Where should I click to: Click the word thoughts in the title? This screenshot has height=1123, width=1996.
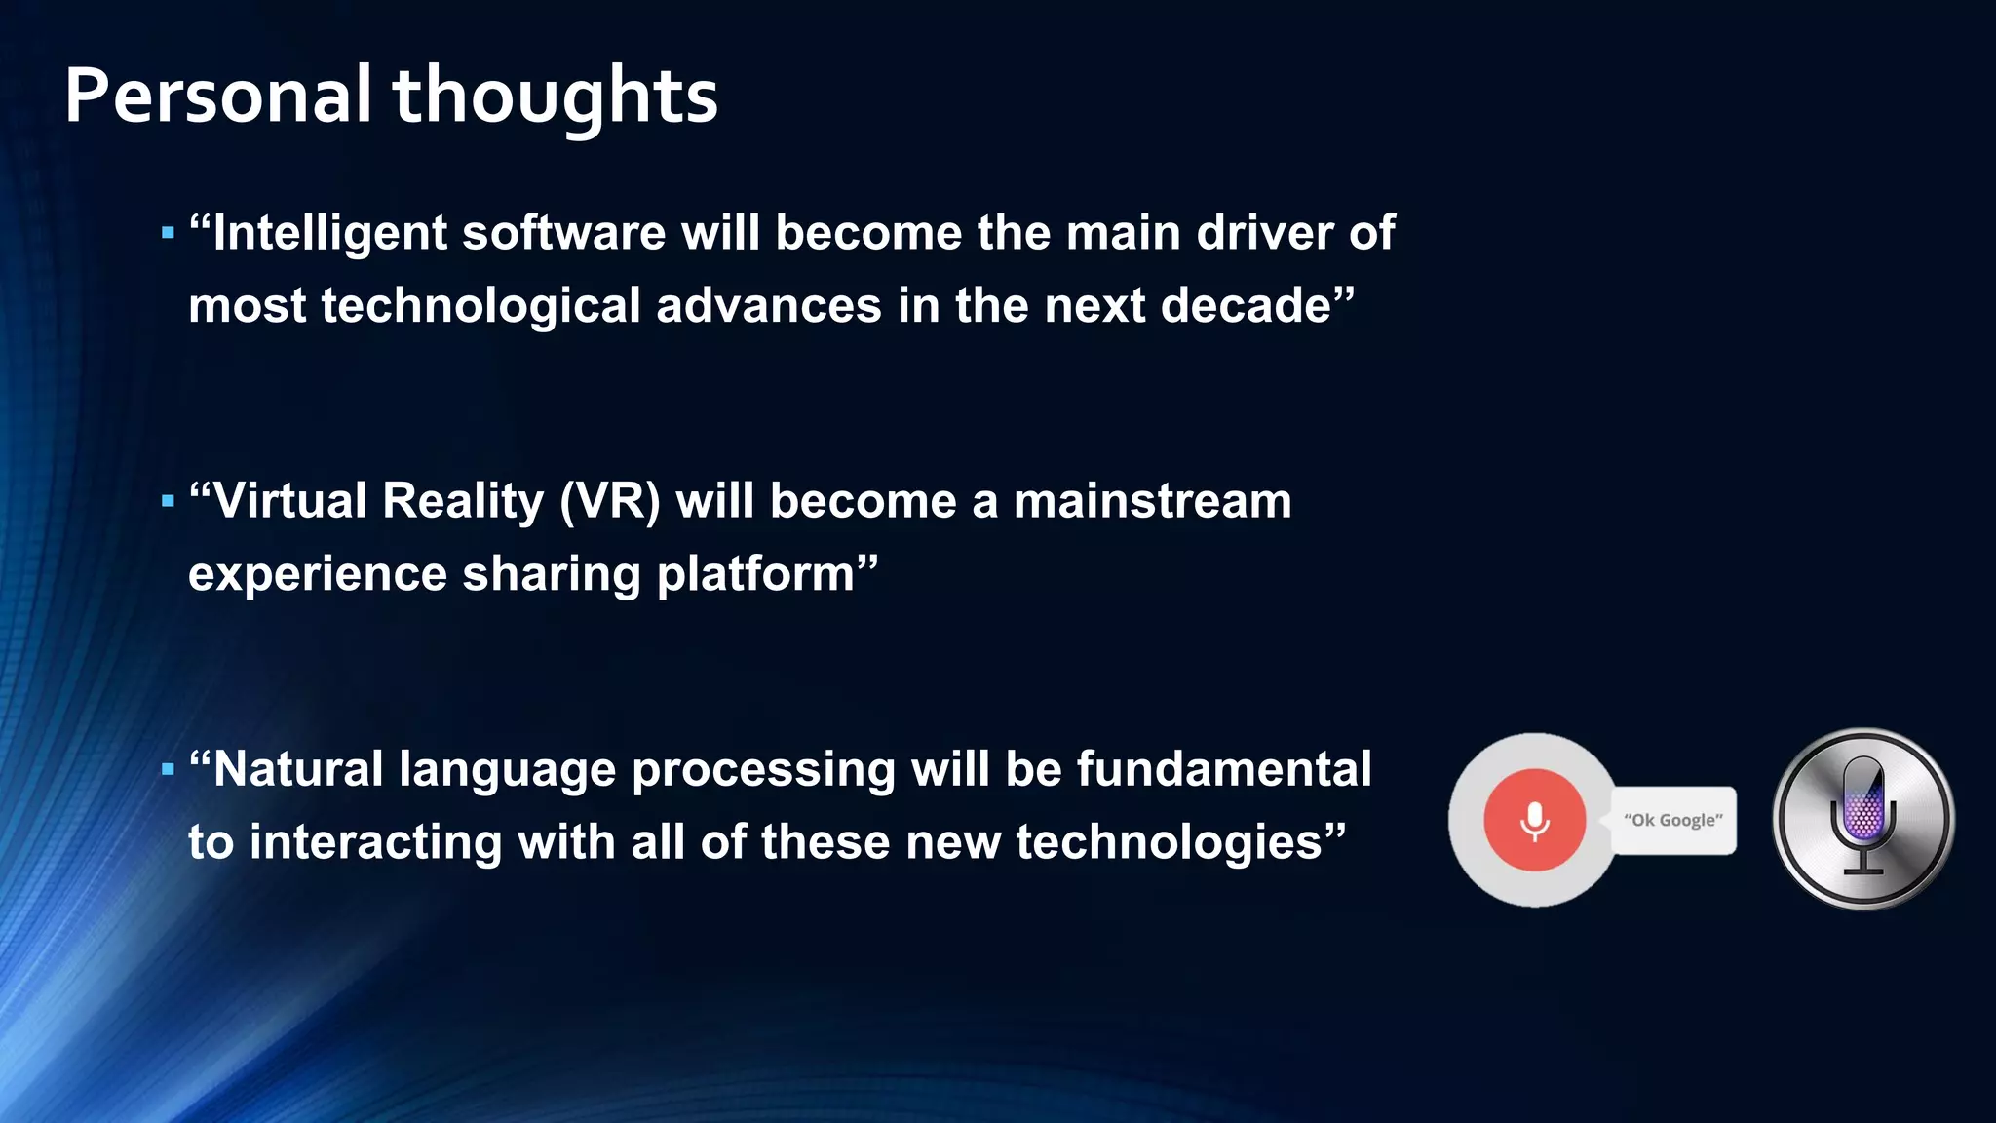[x=555, y=97]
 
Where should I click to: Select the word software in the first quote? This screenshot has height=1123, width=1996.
[x=562, y=234]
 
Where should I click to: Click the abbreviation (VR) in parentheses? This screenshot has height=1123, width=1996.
[x=610, y=502]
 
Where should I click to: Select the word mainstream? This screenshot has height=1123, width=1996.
[x=1152, y=502]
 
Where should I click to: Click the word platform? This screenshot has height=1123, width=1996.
[x=755, y=574]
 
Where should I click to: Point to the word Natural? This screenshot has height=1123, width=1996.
[x=297, y=769]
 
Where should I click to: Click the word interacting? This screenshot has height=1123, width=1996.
[x=375, y=842]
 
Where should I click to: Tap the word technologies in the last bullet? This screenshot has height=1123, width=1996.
[x=1169, y=842]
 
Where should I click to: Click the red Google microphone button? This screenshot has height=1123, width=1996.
[x=1534, y=820]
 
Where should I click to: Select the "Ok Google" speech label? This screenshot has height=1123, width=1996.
[x=1672, y=820]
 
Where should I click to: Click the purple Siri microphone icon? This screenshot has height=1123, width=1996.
[x=1862, y=818]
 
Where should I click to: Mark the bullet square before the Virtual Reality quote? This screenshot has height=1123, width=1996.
[x=168, y=501]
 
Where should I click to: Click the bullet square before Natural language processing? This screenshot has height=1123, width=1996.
[x=168, y=769]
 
